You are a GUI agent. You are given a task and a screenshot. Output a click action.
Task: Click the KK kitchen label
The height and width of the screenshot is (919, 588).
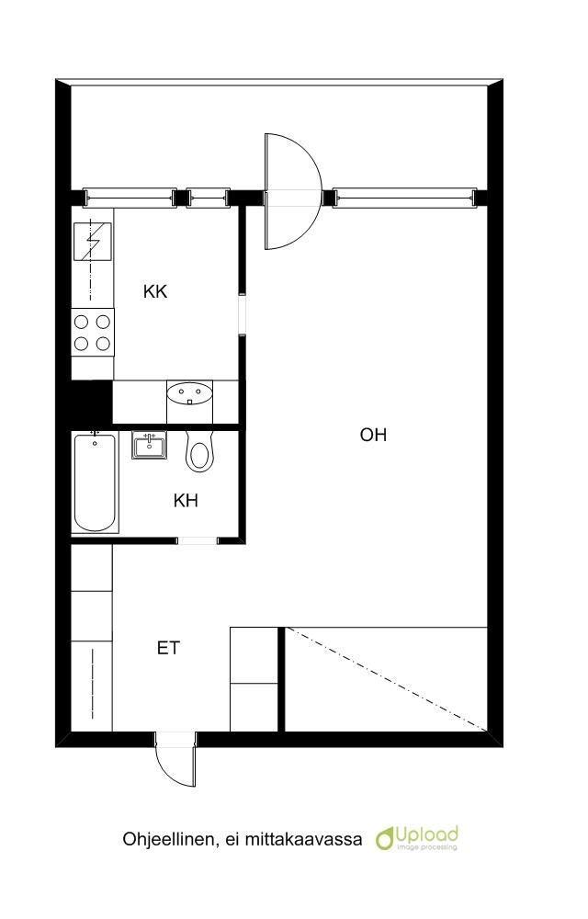click(x=155, y=291)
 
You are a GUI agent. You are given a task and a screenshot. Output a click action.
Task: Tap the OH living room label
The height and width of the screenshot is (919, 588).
click(x=373, y=435)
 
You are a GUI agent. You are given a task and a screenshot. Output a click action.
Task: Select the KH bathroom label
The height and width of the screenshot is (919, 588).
click(x=186, y=501)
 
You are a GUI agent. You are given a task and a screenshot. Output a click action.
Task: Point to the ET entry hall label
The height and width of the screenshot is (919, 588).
click(x=168, y=648)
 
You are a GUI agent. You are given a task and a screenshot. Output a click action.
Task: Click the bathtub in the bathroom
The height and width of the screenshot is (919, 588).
click(x=95, y=482)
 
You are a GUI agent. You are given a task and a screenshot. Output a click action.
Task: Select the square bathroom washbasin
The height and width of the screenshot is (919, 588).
click(x=149, y=445)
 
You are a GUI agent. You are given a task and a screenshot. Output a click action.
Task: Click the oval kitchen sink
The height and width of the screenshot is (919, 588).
click(x=190, y=392)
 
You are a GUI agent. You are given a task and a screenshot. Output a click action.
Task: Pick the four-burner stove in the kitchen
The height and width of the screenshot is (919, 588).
click(x=93, y=333)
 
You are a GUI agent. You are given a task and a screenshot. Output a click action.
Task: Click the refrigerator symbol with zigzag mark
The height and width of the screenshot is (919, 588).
click(x=93, y=242)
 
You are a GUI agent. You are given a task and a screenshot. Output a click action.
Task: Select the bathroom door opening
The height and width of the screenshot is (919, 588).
click(x=198, y=540)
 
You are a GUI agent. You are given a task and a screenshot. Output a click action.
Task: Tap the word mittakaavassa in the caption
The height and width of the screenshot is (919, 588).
click(x=303, y=840)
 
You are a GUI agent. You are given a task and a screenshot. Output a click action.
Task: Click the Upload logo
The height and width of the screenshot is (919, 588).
click(x=417, y=838)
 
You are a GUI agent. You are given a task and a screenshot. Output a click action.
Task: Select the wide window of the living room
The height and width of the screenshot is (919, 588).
click(x=404, y=199)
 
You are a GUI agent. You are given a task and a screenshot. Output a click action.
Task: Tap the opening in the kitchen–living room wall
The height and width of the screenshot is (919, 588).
click(x=242, y=313)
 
